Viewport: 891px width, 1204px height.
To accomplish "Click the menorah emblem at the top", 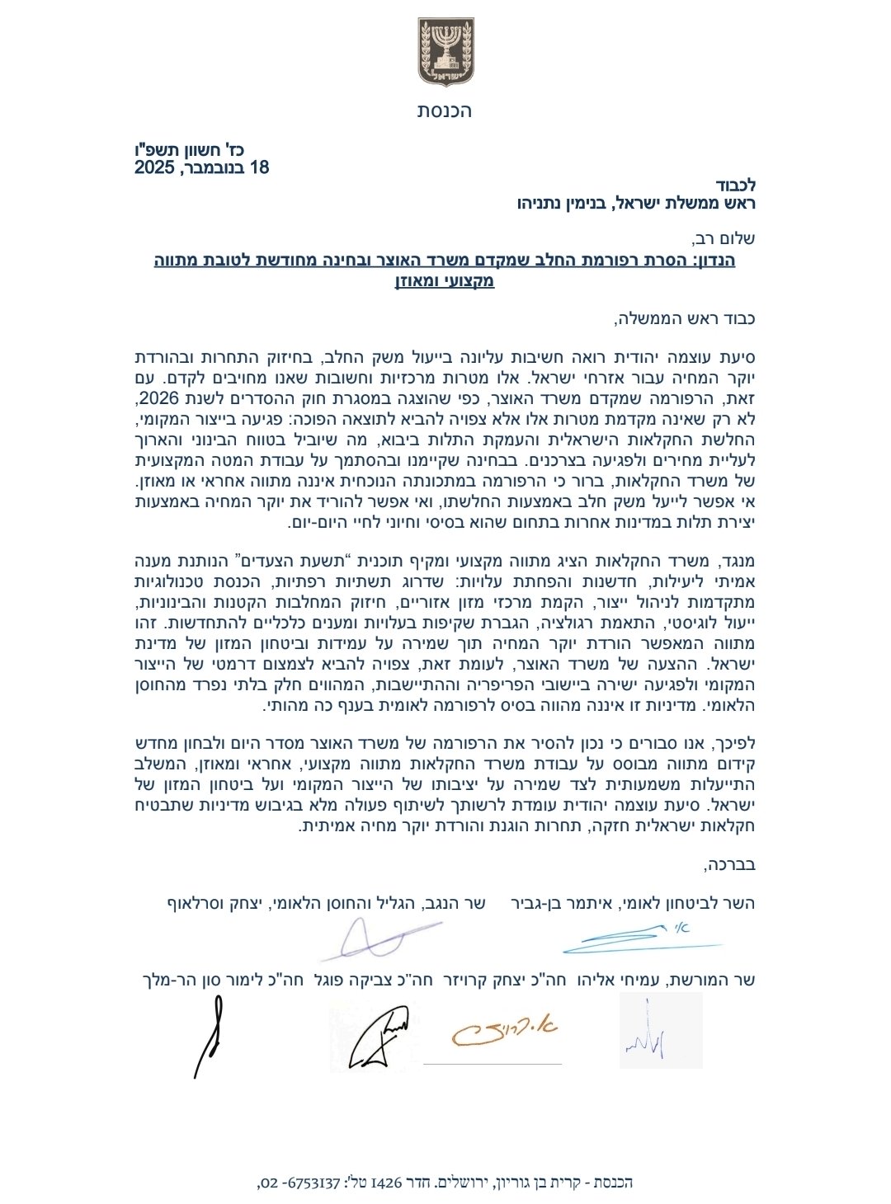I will click(445, 52).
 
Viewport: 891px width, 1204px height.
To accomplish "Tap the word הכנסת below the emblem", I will click(445, 111).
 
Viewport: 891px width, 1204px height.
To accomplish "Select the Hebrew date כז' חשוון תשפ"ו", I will click(201, 149).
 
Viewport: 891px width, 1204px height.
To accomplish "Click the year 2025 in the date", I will click(155, 168).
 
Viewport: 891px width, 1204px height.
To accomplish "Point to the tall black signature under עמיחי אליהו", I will click(210, 1035).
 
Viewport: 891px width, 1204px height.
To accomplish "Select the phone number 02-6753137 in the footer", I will click(301, 1183).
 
